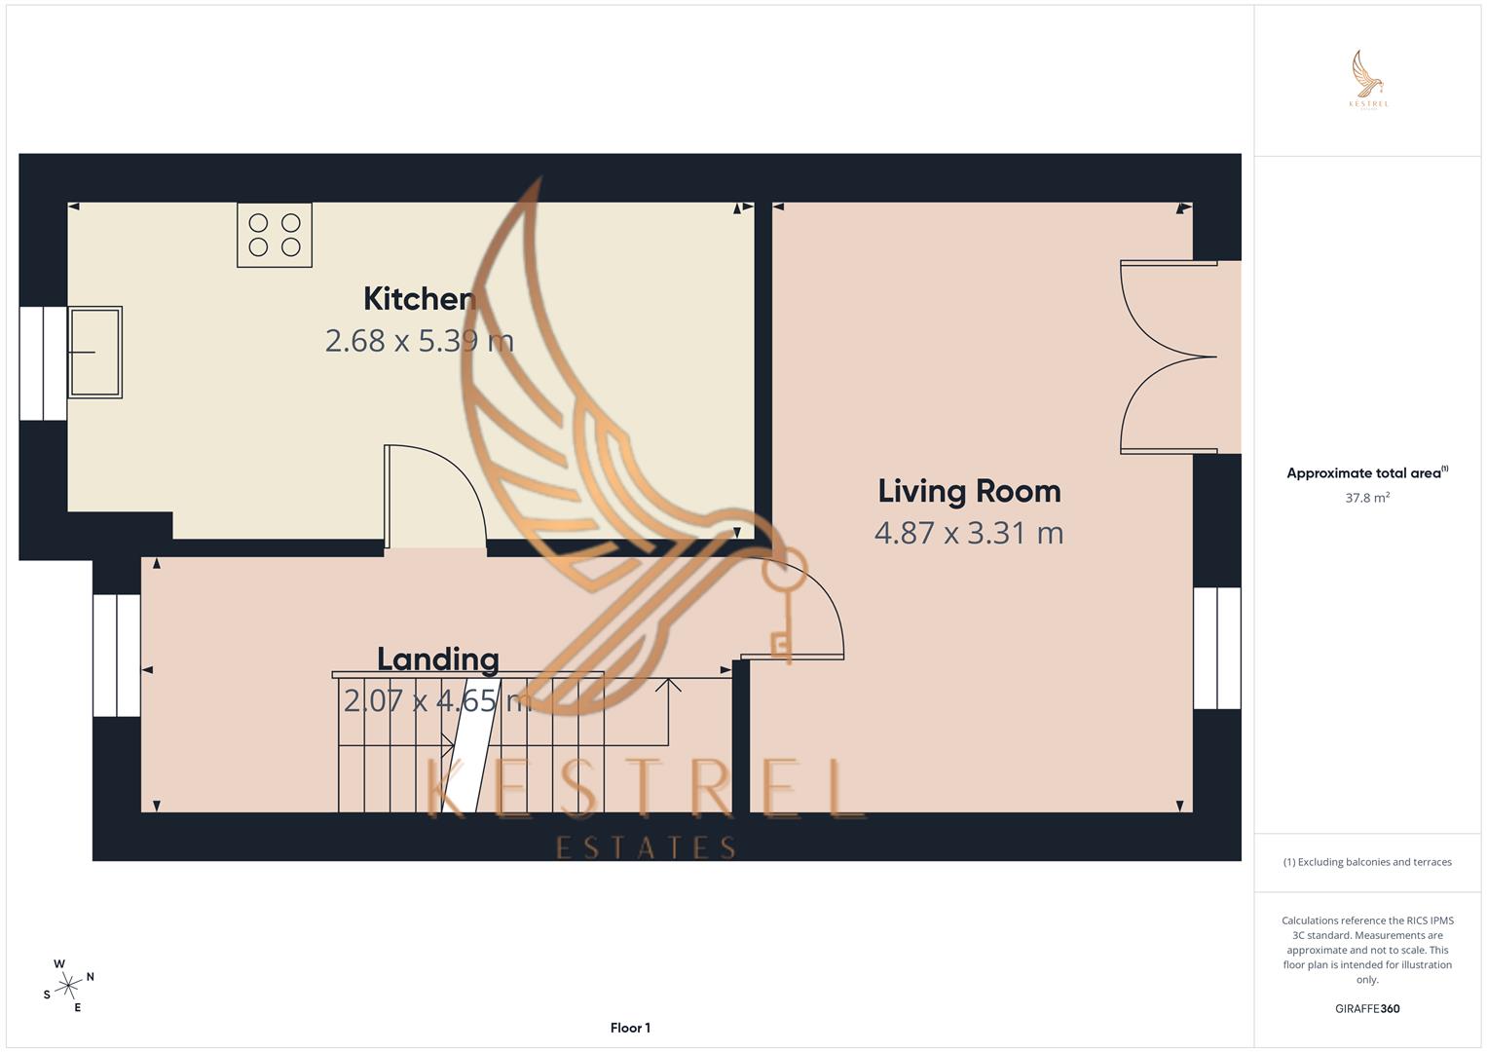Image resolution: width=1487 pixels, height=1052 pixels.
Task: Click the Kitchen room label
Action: (x=419, y=299)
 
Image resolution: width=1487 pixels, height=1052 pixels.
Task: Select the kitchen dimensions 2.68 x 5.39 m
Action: (x=419, y=341)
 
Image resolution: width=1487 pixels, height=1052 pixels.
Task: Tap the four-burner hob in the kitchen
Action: (x=275, y=235)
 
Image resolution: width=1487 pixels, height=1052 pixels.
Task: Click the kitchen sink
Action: (x=94, y=352)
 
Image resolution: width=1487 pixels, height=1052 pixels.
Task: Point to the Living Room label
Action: (x=969, y=491)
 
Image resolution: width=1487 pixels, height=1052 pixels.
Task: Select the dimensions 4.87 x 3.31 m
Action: (x=969, y=533)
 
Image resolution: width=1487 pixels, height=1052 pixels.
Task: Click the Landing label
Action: (x=438, y=659)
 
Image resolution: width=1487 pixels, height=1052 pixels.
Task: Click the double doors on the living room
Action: (x=1169, y=357)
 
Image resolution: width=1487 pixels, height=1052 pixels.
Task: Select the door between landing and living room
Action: (x=794, y=609)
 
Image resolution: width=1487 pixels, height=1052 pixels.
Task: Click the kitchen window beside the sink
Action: (x=43, y=363)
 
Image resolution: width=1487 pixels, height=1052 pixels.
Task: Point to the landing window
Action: (x=117, y=655)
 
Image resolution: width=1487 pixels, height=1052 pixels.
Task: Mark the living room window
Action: (x=1217, y=648)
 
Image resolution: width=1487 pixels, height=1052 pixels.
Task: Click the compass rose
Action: (x=68, y=986)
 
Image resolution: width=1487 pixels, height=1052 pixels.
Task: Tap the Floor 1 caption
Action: (x=630, y=1028)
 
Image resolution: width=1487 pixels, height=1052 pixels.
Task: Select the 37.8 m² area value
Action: (x=1367, y=498)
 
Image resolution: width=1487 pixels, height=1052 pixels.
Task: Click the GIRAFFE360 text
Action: (x=1367, y=1009)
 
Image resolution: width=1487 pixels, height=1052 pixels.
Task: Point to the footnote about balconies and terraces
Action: (x=1367, y=862)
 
